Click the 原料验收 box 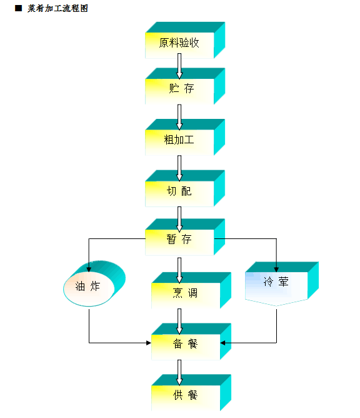[179, 44]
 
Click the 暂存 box [179, 240]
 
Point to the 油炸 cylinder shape [91, 286]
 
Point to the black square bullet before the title [17, 9]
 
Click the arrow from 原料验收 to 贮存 [180, 66]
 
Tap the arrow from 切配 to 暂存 [180, 217]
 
